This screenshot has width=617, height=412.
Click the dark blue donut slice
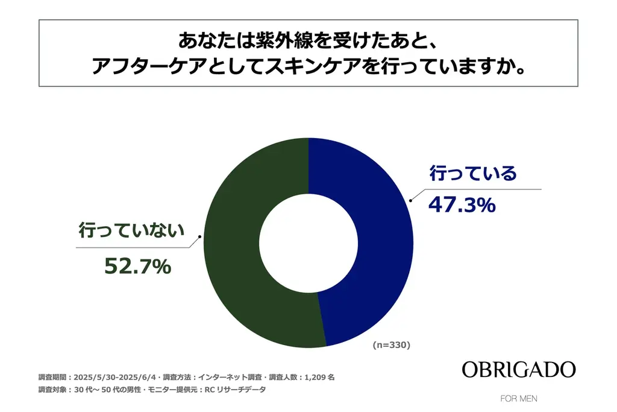pyautogui.click(x=374, y=241)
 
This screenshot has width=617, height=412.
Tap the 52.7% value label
pyautogui.click(x=137, y=265)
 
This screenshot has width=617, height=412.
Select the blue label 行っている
pyautogui.click(x=473, y=174)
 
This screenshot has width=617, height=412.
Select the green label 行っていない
pyautogui.click(x=131, y=232)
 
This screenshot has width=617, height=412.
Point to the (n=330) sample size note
pyautogui.click(x=391, y=345)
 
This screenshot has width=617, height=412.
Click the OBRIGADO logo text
pyautogui.click(x=519, y=370)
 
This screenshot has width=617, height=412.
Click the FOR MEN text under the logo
pyautogui.click(x=519, y=399)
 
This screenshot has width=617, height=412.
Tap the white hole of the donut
pyautogui.click(x=308, y=242)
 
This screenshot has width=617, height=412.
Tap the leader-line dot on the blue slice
pyautogui.click(x=412, y=200)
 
